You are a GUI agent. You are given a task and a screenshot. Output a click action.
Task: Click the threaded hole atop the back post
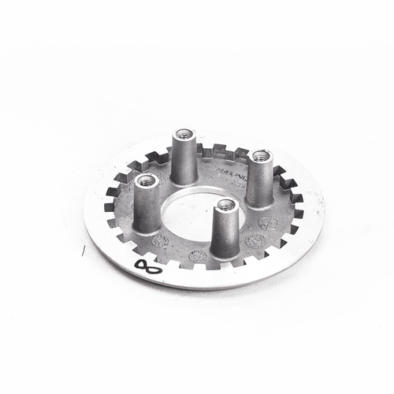click(184, 134)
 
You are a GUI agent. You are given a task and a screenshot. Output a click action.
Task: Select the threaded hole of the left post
click(147, 180)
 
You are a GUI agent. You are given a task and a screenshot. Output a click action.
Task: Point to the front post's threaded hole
click(225, 205)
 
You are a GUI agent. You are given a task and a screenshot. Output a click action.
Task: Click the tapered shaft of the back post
click(184, 158)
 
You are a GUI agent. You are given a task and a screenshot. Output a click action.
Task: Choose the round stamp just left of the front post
click(199, 256)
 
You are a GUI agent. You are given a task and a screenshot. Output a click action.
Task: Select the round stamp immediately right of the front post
click(254, 241)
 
